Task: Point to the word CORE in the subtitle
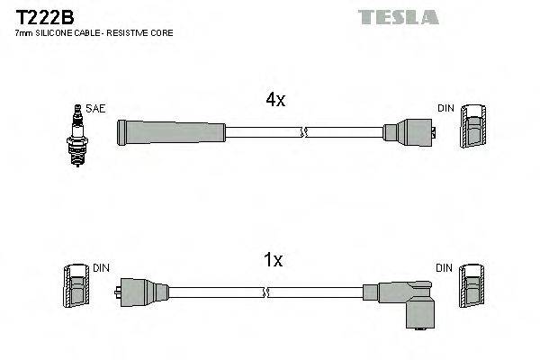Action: (159, 33)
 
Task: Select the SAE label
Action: (96, 109)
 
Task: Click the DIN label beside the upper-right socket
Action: (445, 109)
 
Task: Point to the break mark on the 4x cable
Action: (305, 133)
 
